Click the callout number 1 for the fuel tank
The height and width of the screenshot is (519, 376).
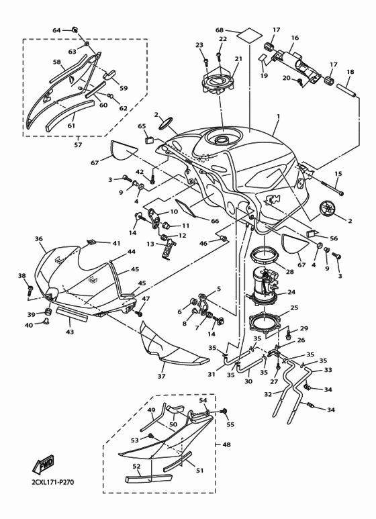click(277, 116)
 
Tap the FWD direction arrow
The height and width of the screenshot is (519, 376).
click(45, 464)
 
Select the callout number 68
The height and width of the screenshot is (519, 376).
click(219, 30)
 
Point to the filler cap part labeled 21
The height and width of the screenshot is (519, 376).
click(220, 83)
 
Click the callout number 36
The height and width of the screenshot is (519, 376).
click(39, 239)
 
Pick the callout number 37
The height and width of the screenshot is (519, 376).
click(161, 377)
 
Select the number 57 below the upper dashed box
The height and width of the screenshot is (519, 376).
click(78, 145)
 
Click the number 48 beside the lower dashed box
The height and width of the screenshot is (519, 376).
click(226, 444)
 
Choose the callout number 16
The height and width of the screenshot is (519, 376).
click(295, 38)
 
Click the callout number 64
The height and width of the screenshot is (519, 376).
click(56, 30)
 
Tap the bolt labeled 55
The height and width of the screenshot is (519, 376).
click(224, 411)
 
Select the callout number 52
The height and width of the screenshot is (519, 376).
click(136, 466)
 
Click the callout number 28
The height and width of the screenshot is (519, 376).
click(290, 271)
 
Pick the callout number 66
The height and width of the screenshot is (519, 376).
click(215, 221)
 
